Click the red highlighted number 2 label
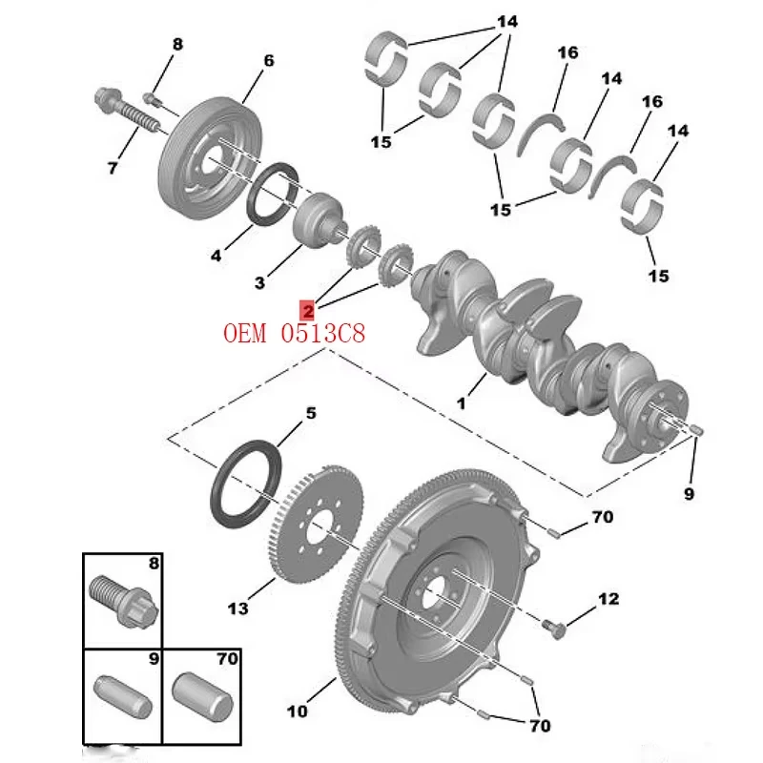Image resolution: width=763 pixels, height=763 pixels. pos(307,310)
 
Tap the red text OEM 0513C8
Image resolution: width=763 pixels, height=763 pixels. pos(294,333)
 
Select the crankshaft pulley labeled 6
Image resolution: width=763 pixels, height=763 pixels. pos(211,158)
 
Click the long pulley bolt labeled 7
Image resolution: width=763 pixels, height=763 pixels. pos(126,111)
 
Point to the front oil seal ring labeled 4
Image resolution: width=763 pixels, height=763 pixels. pos(273,195)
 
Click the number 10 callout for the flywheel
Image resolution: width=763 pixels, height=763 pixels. pos(298,711)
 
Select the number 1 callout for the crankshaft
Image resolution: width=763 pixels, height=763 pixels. pos(461,402)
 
